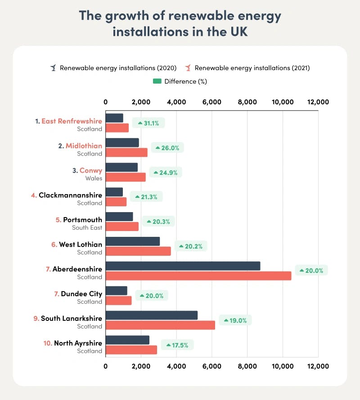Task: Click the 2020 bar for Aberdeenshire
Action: click(x=183, y=266)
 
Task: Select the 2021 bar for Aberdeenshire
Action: click(x=198, y=276)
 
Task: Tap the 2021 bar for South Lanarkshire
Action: click(x=160, y=325)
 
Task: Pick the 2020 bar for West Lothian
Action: click(x=133, y=241)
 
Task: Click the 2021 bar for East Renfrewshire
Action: click(x=117, y=128)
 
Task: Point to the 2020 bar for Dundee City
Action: click(x=116, y=290)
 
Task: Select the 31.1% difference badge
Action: click(x=148, y=123)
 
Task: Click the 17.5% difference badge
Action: click(x=177, y=345)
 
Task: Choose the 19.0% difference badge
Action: click(x=235, y=320)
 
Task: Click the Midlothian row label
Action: click(x=84, y=146)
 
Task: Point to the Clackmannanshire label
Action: click(x=70, y=195)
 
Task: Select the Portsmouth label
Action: click(x=82, y=220)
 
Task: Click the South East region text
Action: click(x=87, y=228)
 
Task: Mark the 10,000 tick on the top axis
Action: click(x=283, y=102)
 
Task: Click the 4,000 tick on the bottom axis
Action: click(x=176, y=366)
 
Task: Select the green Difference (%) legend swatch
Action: click(x=157, y=81)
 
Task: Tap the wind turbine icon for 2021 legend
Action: click(x=188, y=68)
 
